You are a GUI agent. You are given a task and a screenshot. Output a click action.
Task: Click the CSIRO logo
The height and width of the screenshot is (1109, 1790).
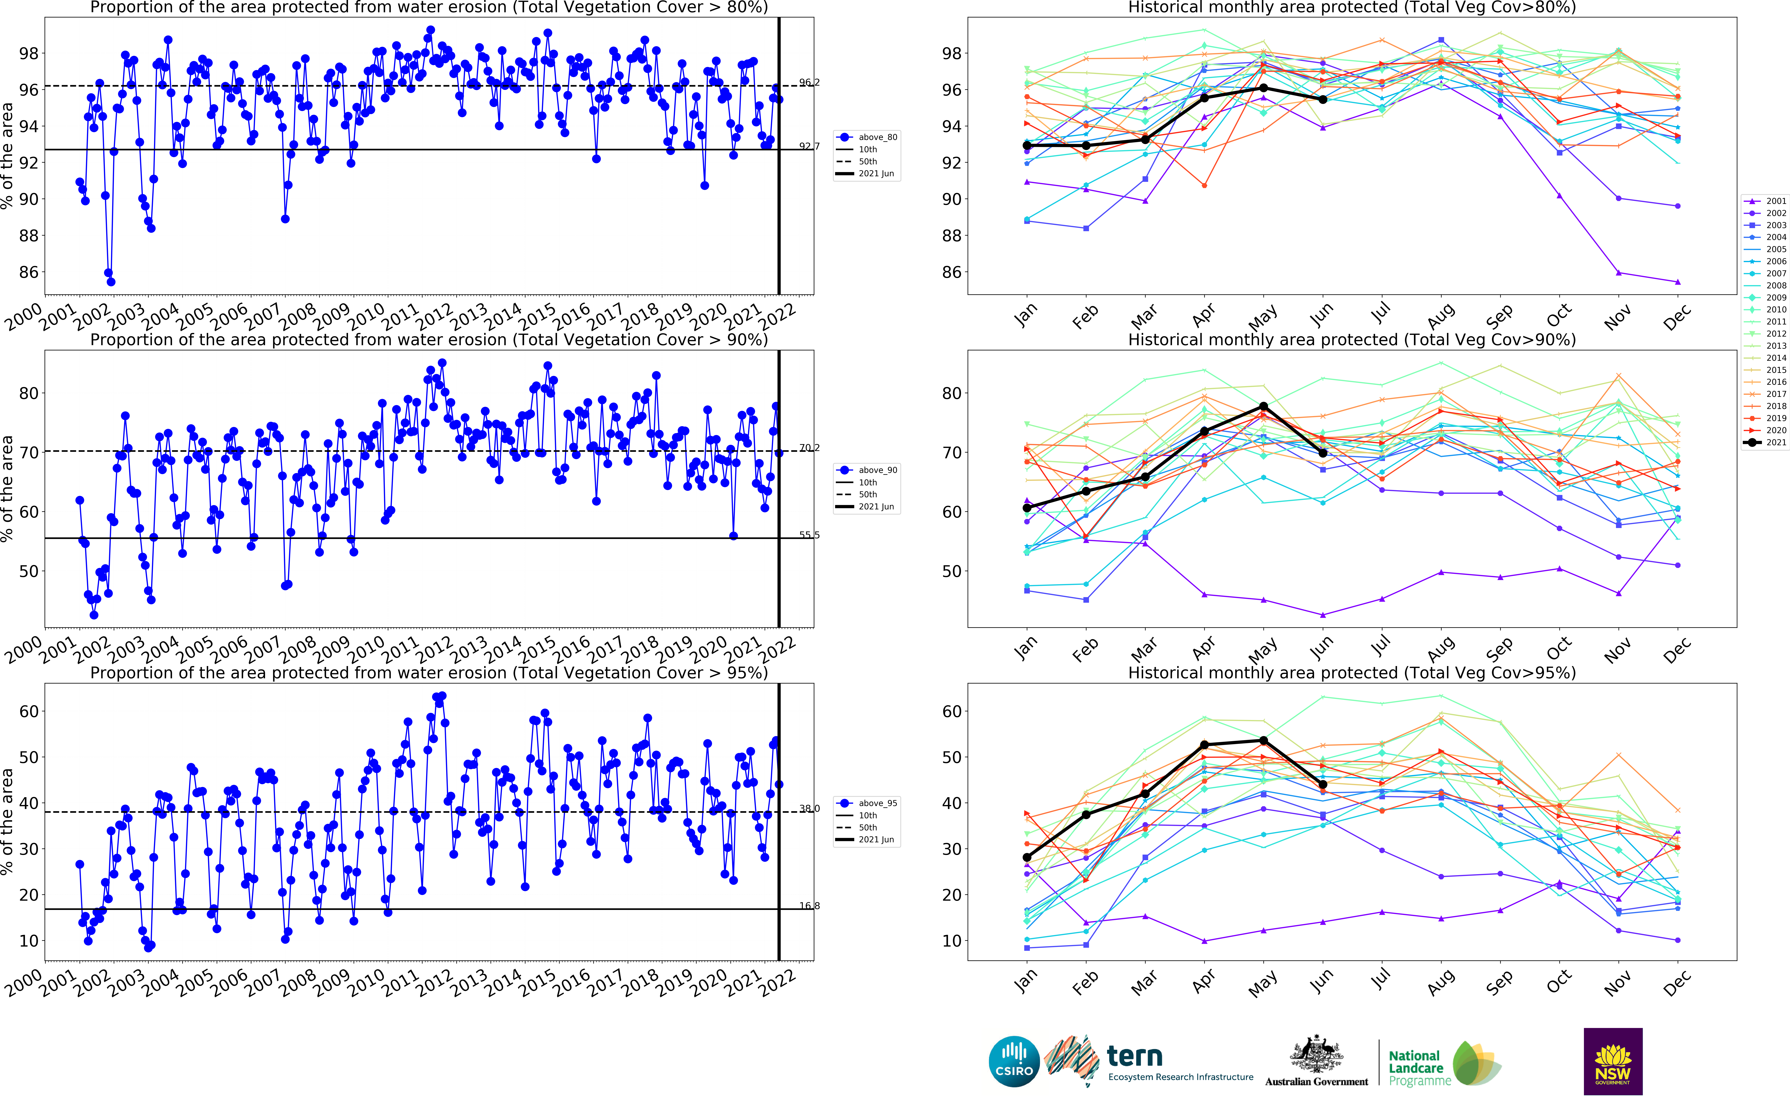coord(1014,1061)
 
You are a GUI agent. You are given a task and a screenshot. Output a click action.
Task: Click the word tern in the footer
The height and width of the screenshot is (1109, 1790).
coord(1134,1057)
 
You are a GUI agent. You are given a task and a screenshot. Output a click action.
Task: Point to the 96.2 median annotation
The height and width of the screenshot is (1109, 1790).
coord(809,82)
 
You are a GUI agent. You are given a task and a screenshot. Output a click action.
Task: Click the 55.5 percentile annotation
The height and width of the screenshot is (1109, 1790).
coord(809,535)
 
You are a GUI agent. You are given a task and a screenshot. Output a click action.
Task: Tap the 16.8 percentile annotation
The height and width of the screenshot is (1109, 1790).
coord(809,906)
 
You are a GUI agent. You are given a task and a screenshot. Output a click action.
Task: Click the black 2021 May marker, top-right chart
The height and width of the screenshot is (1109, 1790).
coord(1263,88)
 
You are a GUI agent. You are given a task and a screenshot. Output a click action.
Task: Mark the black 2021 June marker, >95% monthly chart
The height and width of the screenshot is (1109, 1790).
coord(1323,785)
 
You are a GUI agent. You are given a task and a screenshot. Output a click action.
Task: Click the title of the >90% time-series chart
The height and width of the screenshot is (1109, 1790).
coord(429,340)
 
